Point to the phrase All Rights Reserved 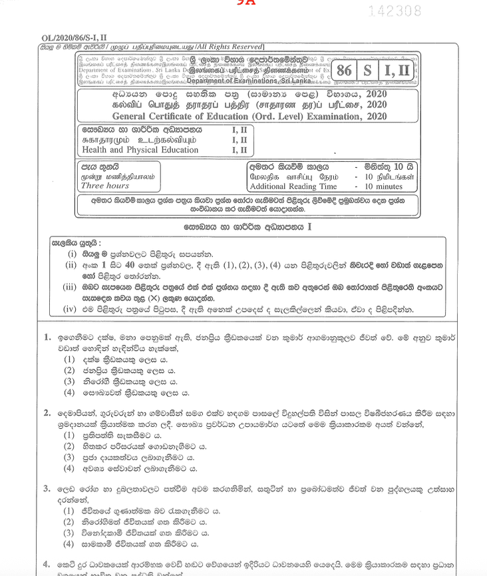coord(226,46)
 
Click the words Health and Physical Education coord(140,150)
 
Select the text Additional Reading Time coord(293,187)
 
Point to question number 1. coord(47,338)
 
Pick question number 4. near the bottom coord(47,565)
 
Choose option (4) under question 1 coord(69,394)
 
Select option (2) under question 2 coord(69,446)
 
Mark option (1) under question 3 coord(69,511)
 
